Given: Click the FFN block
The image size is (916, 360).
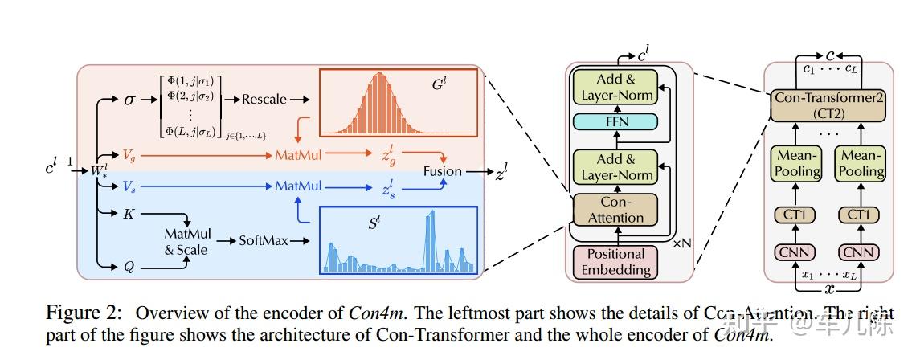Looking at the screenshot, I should click(x=614, y=122).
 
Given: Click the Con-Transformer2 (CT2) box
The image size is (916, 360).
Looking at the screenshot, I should click(x=828, y=105).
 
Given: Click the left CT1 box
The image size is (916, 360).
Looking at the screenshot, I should click(x=797, y=215).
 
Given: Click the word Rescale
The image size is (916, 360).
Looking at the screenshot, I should click(x=264, y=99).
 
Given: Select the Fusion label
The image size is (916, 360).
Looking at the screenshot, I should click(x=444, y=170).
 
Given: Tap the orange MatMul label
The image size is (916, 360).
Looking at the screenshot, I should click(x=299, y=153).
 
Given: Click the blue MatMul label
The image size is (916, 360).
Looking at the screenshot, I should click(x=299, y=186).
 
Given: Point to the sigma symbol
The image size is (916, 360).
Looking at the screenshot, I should click(x=129, y=99).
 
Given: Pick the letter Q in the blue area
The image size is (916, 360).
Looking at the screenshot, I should click(x=129, y=264).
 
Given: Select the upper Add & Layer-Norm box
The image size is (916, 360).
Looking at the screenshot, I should click(x=614, y=87).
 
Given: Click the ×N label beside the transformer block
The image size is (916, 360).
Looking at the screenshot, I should click(x=681, y=264).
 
